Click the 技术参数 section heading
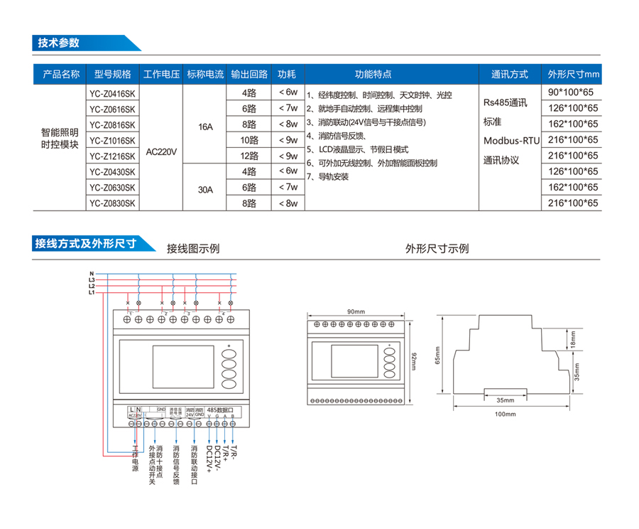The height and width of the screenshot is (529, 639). tap(59, 43)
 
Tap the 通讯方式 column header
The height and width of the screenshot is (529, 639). tap(509, 75)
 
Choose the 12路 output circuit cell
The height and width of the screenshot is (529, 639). tap(248, 156)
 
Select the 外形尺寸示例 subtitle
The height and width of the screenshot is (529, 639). tap(437, 249)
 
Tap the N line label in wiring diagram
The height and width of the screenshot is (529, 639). tap(92, 274)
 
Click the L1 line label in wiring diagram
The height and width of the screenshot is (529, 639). tap(92, 292)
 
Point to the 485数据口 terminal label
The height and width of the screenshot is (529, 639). tap(219, 410)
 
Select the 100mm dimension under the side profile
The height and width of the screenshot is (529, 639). tap(506, 414)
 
